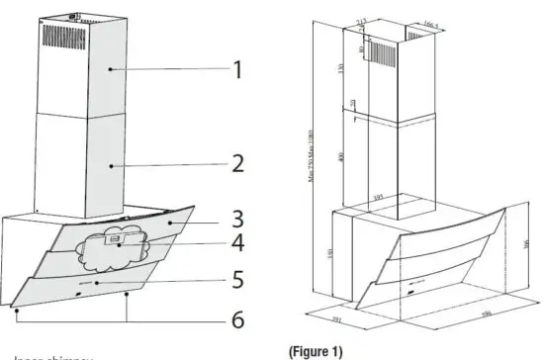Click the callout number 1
tap(236, 69)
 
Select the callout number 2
tap(236, 163)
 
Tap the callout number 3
tap(236, 218)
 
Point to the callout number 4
tap(236, 242)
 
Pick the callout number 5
tap(236, 279)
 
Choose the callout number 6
tap(236, 318)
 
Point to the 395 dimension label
tap(377, 198)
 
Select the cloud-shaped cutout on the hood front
tap(120, 247)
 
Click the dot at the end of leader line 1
tap(110, 69)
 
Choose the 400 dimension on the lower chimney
tap(340, 158)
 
